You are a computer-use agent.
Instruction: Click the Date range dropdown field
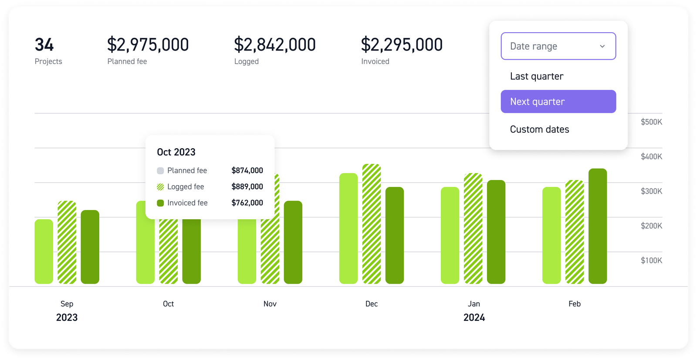click(558, 46)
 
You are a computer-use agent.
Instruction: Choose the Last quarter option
click(537, 76)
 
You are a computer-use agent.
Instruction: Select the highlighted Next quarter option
click(558, 102)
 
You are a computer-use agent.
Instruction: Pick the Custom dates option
click(539, 129)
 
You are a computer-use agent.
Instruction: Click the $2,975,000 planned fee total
click(148, 45)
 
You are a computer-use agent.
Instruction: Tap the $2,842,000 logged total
click(274, 45)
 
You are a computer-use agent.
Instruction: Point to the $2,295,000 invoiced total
click(402, 45)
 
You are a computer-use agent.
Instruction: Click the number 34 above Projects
click(44, 45)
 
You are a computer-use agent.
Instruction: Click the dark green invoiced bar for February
click(597, 226)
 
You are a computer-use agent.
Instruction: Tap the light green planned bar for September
click(44, 251)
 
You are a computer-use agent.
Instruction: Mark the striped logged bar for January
click(473, 228)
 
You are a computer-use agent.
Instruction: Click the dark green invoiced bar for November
click(293, 242)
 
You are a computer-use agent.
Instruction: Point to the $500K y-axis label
click(651, 122)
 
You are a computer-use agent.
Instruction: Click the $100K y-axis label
click(651, 261)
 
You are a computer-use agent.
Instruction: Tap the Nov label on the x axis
click(270, 304)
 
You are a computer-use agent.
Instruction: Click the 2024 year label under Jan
click(474, 317)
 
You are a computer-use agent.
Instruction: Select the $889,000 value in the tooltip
click(247, 187)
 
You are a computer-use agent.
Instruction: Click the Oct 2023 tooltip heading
click(176, 152)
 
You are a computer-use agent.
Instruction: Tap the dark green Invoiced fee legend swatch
click(160, 203)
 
